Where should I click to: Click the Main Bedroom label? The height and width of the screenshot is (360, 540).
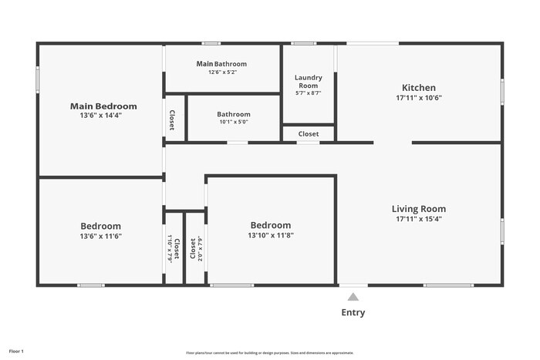point(103,106)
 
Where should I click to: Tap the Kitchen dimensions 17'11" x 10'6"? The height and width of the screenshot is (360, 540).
point(419,99)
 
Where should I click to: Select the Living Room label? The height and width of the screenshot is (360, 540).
point(419,209)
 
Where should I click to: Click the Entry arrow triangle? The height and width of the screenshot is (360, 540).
point(353,297)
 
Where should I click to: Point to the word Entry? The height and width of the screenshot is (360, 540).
point(353,313)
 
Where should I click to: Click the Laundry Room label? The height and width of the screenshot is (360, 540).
point(309,82)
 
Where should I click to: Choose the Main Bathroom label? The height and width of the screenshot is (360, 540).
point(221,63)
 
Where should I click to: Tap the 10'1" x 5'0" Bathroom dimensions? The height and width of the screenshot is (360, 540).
point(234,121)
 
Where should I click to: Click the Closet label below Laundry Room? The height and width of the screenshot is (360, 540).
point(309,134)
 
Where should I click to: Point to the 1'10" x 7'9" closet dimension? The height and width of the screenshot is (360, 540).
point(170,249)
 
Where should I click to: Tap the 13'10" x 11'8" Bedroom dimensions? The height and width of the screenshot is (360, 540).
point(271,235)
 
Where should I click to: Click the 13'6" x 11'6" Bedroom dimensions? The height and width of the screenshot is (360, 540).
point(101,236)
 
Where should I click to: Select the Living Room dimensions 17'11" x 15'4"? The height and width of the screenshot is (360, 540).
point(419,218)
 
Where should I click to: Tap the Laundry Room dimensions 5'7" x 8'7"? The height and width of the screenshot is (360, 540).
point(309,93)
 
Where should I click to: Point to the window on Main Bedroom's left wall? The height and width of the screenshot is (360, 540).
point(37,80)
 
